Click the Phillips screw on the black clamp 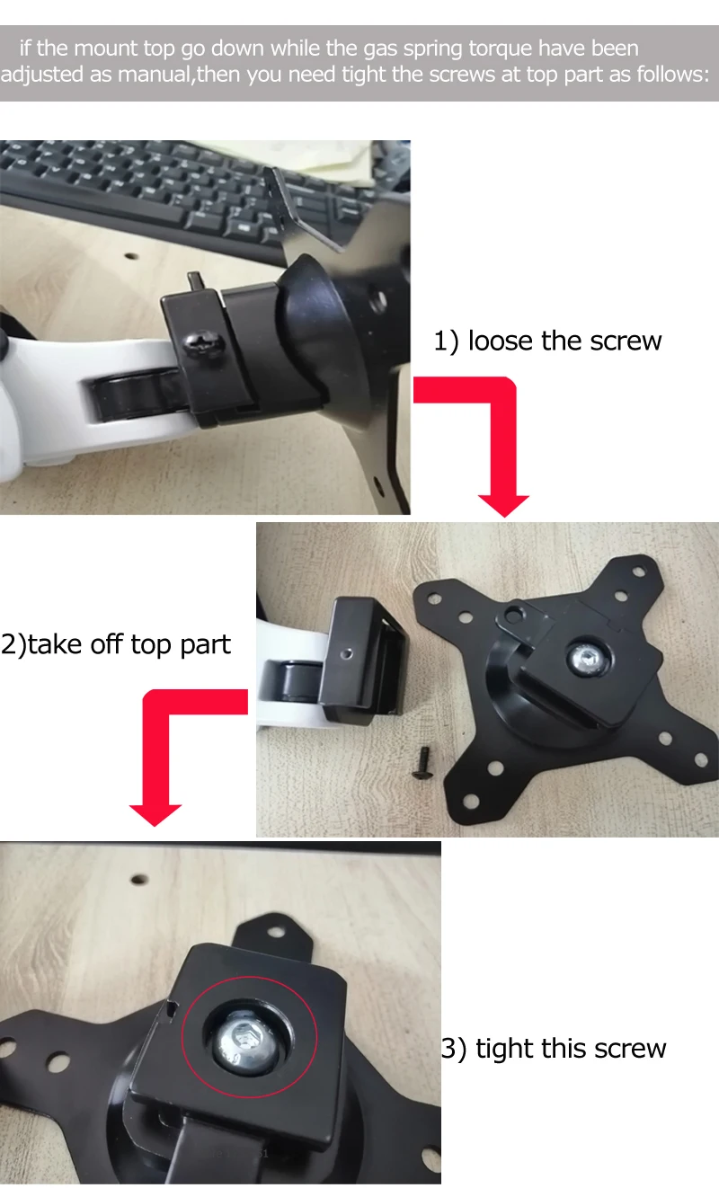point(203,343)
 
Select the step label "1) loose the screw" point(547,341)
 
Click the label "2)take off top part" point(116,645)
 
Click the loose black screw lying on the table point(422,763)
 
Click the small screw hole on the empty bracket point(346,654)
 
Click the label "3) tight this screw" point(554,1049)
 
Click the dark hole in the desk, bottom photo point(139,880)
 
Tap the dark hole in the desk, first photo point(131,257)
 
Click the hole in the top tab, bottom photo point(276,931)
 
